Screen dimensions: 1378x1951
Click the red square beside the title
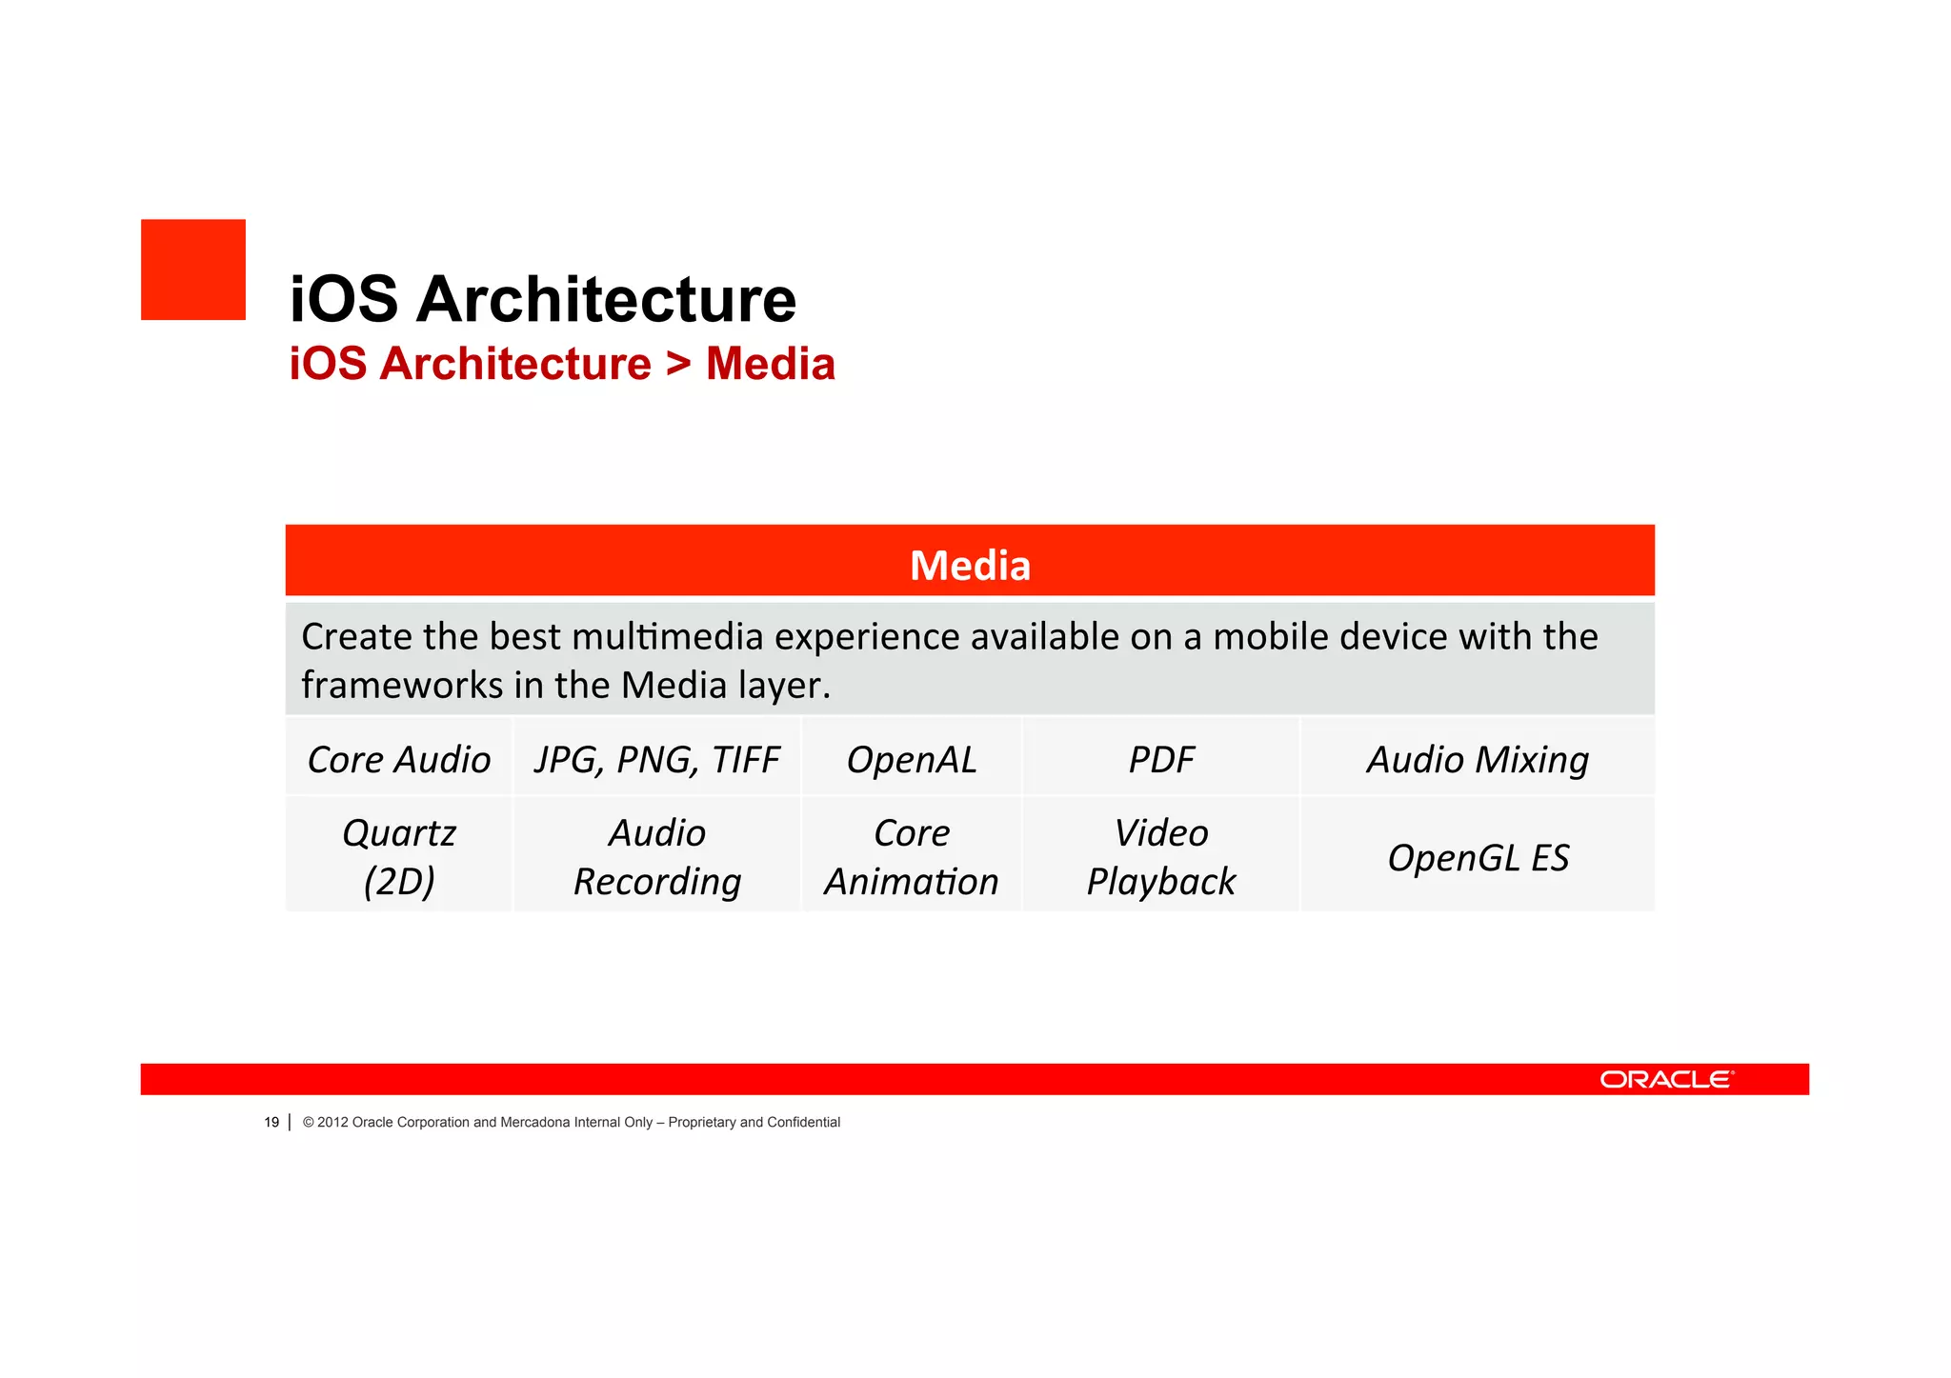click(193, 270)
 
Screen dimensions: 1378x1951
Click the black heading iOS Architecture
click(542, 299)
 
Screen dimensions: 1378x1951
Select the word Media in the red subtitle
click(770, 364)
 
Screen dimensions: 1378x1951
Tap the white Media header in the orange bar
click(970, 566)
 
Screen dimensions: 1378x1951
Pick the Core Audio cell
click(399, 759)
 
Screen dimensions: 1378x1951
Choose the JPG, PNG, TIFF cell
click(656, 759)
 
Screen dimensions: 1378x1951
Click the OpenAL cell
click(912, 759)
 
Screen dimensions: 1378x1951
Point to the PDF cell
click(1160, 759)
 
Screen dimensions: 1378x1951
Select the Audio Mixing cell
click(1478, 759)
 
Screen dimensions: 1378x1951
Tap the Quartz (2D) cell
click(399, 856)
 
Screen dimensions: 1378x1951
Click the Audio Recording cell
click(656, 856)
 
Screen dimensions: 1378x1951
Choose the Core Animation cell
click(912, 856)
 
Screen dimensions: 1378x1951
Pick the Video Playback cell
click(1160, 856)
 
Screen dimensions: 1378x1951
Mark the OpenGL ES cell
click(1478, 857)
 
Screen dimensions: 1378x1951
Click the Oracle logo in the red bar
click(1666, 1079)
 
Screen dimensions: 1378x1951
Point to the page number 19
click(272, 1122)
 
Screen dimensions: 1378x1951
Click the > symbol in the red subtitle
click(677, 364)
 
